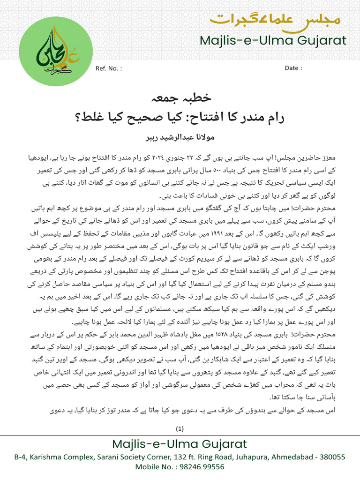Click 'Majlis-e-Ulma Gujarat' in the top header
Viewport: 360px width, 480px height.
[273, 41]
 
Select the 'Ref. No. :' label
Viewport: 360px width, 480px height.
[109, 68]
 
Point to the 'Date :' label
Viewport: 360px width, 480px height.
[293, 68]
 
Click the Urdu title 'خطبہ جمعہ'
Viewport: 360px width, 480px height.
[180, 98]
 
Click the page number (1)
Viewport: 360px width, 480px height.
[180, 428]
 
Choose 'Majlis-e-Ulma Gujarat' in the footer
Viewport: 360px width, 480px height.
[180, 444]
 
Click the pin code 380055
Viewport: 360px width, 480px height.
[332, 457]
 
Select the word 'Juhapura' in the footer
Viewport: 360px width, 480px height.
[244, 457]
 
